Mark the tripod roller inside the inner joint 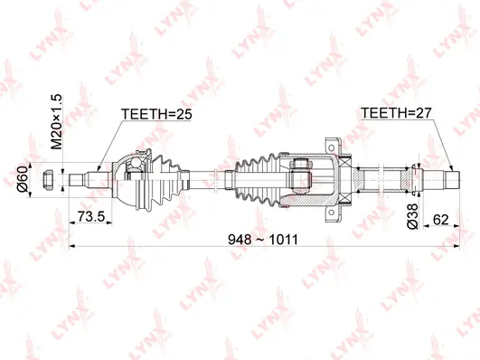point(304,176)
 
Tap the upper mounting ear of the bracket point(331,142)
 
